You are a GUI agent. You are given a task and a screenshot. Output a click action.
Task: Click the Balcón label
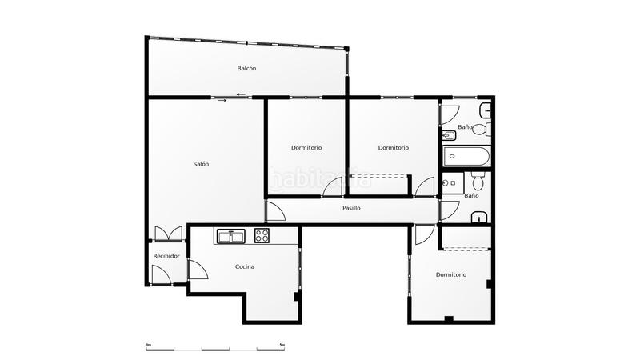[246, 69]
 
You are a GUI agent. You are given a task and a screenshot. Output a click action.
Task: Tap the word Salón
[201, 164]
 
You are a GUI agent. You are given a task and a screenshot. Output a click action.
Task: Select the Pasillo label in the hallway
[351, 208]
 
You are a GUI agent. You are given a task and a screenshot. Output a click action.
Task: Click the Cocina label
[245, 266]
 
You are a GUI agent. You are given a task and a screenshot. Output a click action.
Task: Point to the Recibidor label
[166, 256]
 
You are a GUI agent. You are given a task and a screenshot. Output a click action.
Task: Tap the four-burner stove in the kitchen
[262, 235]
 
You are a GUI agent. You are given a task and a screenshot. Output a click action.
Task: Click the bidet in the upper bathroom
[449, 136]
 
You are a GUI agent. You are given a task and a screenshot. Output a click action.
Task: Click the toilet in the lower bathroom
[477, 180]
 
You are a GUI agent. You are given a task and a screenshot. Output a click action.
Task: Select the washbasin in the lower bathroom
[479, 216]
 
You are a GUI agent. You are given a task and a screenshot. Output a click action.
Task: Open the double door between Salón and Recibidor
[169, 234]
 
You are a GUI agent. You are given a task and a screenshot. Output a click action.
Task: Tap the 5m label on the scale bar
[282, 345]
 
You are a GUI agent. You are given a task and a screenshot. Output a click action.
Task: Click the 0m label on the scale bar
[149, 345]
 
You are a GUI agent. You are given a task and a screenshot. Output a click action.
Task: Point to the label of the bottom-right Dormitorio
[451, 274]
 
